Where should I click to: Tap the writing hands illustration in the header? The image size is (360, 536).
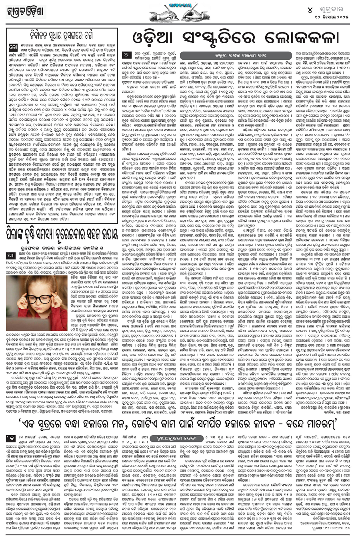pyautogui.click(x=180, y=13)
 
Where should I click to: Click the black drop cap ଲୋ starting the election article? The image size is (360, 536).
pyautogui.click(x=13, y=48)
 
